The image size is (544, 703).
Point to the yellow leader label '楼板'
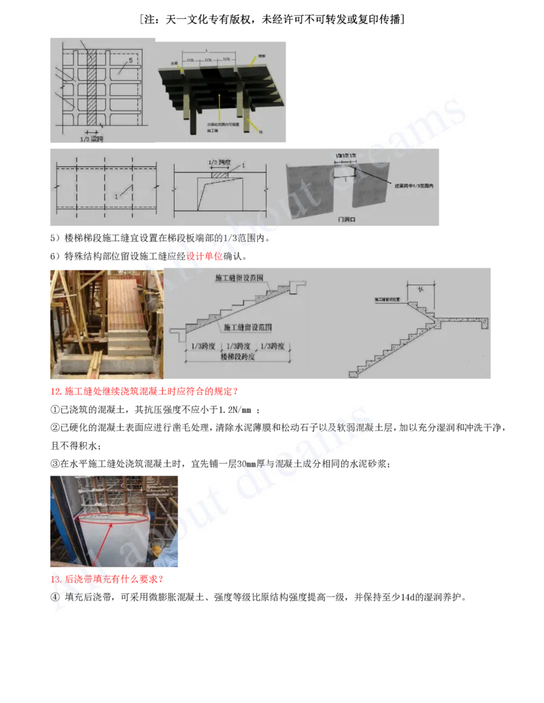(x=262, y=56)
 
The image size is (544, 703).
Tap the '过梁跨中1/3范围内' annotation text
(x=409, y=184)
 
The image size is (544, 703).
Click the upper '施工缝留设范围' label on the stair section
(x=238, y=279)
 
